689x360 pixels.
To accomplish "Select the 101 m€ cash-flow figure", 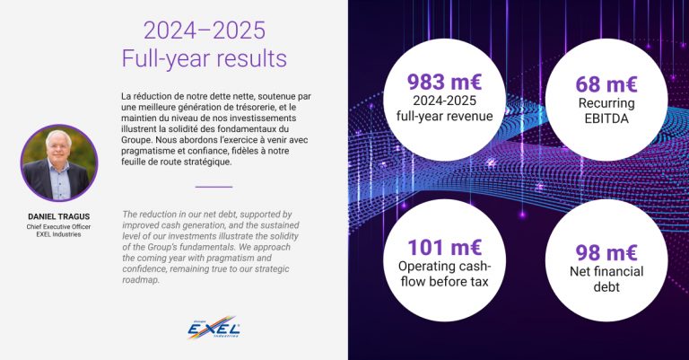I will (x=445, y=247).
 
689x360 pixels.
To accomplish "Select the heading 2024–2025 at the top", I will (x=205, y=31).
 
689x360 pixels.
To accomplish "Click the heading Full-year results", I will (x=205, y=59).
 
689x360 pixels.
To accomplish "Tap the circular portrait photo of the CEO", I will (x=58, y=162).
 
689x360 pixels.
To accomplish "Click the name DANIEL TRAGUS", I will (x=58, y=216).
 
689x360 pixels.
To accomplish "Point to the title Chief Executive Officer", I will (x=58, y=228).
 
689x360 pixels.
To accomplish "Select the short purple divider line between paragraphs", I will (x=214, y=187).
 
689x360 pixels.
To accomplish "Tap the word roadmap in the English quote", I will (x=142, y=279).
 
